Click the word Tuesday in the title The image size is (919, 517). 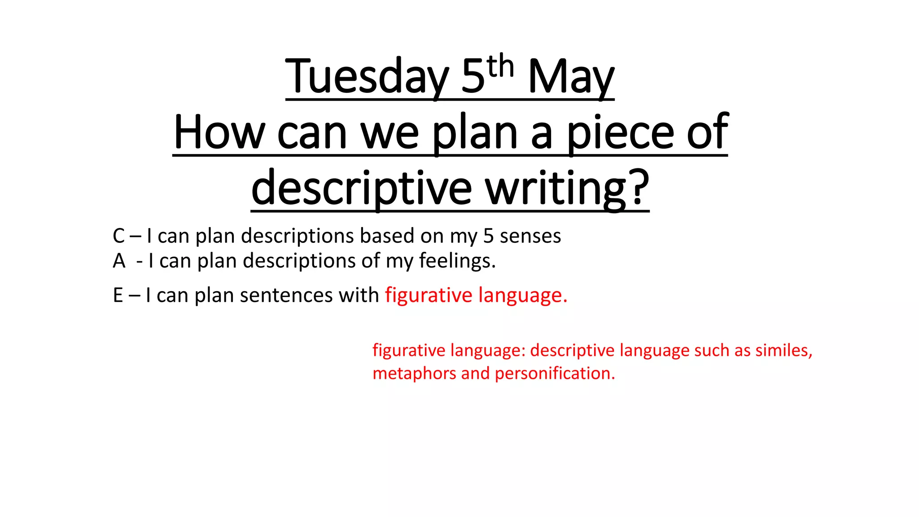tap(367, 77)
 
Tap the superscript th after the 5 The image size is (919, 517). tap(500, 67)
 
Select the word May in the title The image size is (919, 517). tap(571, 77)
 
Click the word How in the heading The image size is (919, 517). tap(219, 133)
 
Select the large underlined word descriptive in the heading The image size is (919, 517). tap(362, 188)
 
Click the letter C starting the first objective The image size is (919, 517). tap(119, 236)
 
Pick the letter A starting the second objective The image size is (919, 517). tap(119, 261)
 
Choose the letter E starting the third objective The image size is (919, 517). tap(118, 295)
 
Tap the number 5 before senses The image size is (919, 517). tap(488, 236)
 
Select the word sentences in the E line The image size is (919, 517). tap(286, 295)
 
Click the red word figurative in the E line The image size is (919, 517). tap(429, 295)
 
